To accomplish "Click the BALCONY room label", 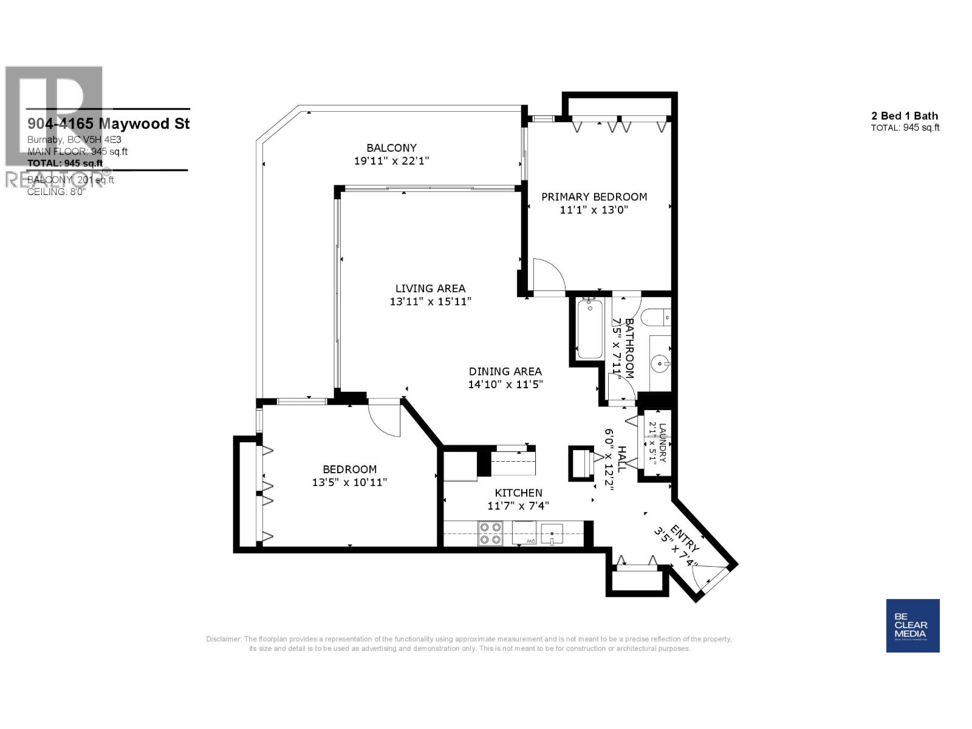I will (x=391, y=148).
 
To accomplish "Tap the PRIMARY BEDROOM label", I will (x=594, y=197).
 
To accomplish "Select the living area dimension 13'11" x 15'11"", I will (x=430, y=301).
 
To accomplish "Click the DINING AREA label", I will (x=505, y=371).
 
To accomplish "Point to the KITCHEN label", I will (x=518, y=493).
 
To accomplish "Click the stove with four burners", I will (x=490, y=533).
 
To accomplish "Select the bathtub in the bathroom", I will (x=589, y=329).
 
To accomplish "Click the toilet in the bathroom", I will (x=659, y=317).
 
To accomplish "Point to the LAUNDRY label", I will (x=662, y=443).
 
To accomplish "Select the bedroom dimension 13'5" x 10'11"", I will (x=349, y=482).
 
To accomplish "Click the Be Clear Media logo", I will (x=912, y=626).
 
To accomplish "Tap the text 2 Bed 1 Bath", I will (x=905, y=115).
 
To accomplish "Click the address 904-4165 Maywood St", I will (x=108, y=123).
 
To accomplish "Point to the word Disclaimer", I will (x=223, y=639).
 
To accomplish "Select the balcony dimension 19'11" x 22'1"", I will (x=391, y=161).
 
